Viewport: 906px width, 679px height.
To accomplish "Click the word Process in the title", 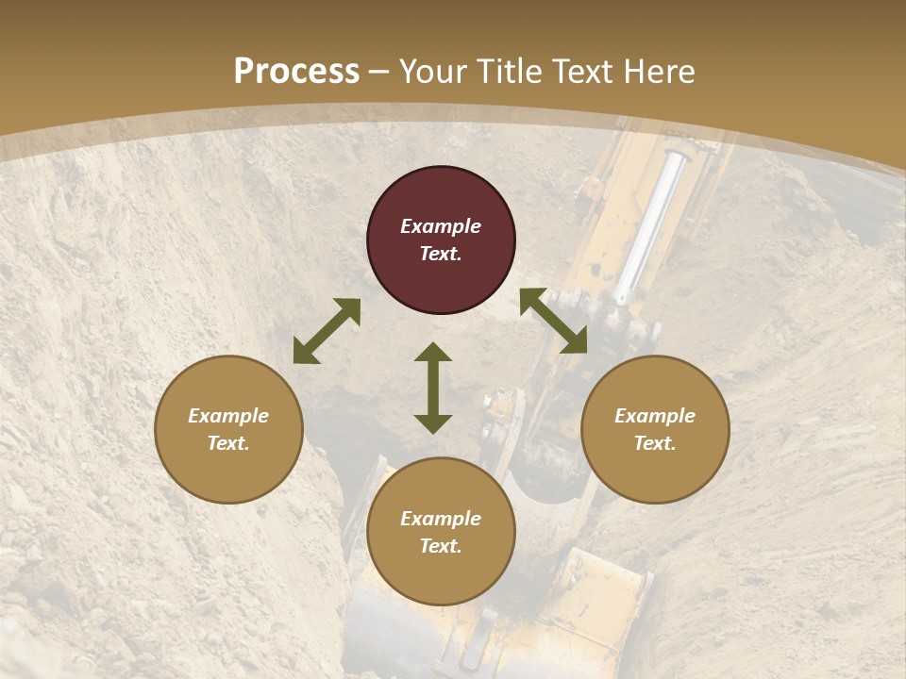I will click(296, 72).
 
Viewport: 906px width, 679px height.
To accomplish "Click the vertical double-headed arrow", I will click(433, 388).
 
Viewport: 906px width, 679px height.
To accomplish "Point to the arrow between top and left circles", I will click(327, 331).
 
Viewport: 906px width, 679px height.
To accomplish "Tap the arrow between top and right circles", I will click(553, 321).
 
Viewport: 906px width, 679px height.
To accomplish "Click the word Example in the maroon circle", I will click(441, 226).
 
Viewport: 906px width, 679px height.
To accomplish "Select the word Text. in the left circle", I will click(228, 443).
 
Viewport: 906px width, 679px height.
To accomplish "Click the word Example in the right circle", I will click(655, 416).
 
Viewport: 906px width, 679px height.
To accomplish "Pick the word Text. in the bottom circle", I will click(441, 546).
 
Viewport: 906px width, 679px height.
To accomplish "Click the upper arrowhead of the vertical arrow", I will click(433, 352).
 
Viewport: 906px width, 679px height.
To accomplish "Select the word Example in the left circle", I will click(228, 416).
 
